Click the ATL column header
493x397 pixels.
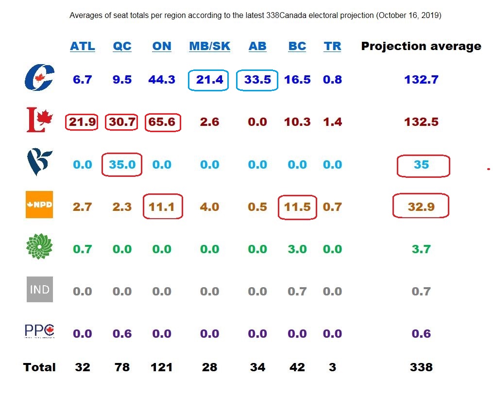[83, 46]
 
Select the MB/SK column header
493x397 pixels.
[209, 46]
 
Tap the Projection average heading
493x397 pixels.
[421, 46]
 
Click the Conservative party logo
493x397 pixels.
[39, 78]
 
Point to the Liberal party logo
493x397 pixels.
[39, 121]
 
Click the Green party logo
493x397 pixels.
[39, 248]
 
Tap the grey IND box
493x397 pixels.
[39, 290]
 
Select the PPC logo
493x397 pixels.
[39, 332]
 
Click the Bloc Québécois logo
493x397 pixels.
[39, 163]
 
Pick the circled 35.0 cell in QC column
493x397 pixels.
[122, 165]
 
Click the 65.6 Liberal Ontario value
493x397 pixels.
[162, 122]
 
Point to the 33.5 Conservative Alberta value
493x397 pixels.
[257, 80]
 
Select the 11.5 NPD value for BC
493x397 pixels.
[297, 207]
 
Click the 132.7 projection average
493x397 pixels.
[421, 80]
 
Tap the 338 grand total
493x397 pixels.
[421, 367]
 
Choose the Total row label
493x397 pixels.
[39, 367]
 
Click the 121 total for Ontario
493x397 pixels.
[162, 367]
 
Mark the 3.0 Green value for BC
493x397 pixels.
[297, 249]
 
